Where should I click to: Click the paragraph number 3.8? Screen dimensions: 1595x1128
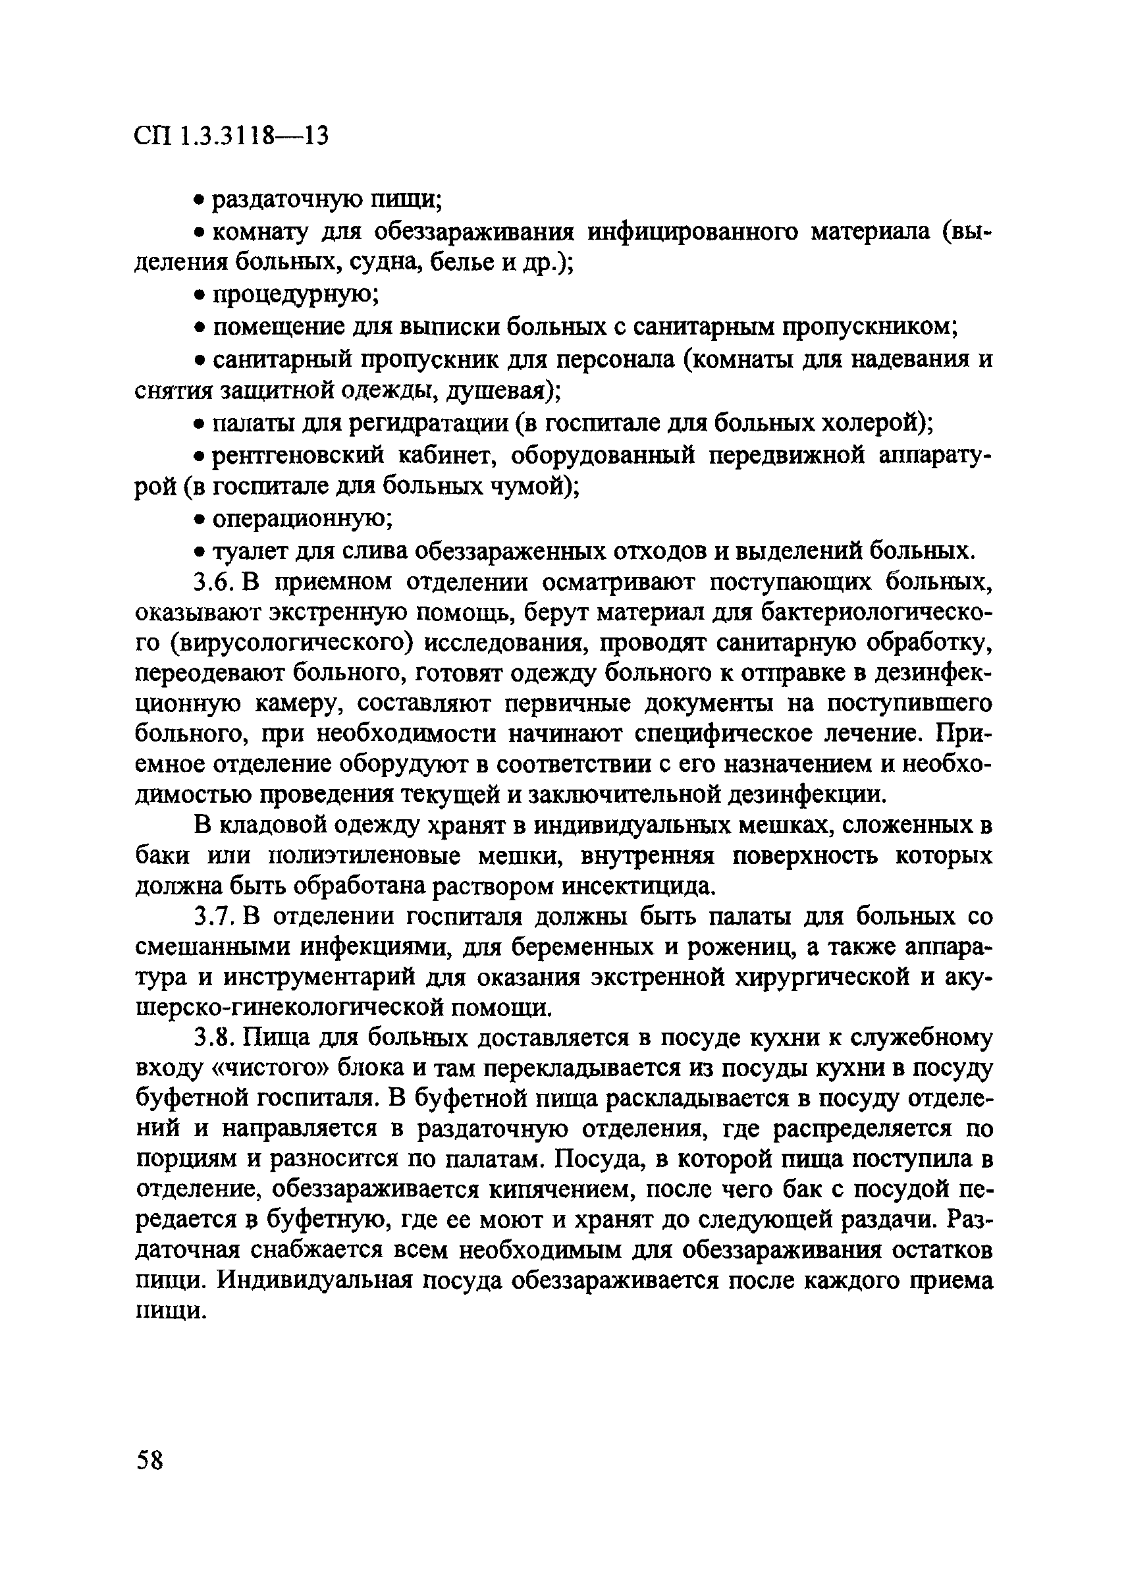[x=215, y=1038]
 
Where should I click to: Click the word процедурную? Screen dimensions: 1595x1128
[x=294, y=295]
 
